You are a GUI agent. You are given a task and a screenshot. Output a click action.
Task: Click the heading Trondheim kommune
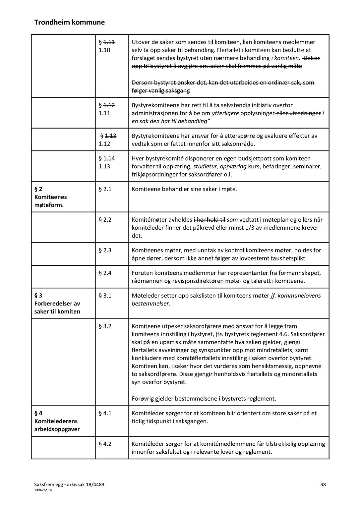69,23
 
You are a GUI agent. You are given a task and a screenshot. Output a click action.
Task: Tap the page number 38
323,484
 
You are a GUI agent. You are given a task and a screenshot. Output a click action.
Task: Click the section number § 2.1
105,189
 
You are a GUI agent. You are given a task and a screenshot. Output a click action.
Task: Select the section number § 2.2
105,220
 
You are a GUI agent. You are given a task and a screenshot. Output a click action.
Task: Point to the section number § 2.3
105,250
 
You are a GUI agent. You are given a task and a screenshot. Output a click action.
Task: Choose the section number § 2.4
105,273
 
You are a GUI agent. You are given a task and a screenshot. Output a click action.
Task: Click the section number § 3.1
105,296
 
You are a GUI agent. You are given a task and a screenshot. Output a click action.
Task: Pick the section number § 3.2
105,326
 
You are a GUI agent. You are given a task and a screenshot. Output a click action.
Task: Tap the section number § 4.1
105,413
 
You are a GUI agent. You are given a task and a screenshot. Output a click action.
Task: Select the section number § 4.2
105,444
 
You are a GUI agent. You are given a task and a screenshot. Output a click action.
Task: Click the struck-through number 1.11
109,42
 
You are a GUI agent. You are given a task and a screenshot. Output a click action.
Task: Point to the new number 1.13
104,166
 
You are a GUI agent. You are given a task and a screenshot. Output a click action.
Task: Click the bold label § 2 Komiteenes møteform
50,197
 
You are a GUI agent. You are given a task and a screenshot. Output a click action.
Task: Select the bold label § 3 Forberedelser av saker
57,304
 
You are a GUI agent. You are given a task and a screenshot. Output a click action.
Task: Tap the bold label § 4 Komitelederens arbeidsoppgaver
57,421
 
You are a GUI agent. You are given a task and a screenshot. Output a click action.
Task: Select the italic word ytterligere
225,113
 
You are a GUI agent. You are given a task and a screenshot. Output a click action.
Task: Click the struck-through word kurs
254,166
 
